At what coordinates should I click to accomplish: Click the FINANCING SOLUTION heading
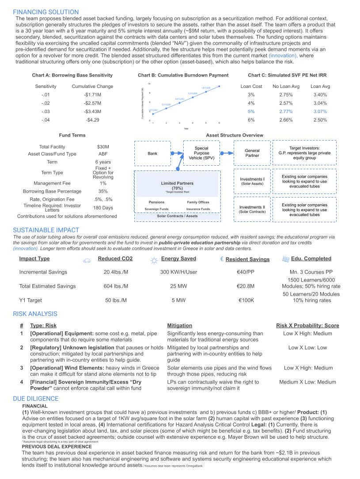46,12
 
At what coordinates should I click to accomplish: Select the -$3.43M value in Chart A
92,111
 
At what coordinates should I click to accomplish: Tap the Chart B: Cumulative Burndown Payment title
183,76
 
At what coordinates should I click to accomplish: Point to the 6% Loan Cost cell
251,120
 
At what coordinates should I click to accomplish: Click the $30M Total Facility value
103,147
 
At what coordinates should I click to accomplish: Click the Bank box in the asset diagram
152,153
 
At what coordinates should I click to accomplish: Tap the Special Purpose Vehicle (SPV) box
201,153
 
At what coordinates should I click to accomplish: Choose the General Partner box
252,153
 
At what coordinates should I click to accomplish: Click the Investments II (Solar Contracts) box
252,209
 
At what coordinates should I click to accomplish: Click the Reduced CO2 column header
115,259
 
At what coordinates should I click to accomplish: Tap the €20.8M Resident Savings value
246,286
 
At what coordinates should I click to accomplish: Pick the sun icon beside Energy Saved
154,260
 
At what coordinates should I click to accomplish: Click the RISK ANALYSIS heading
35,314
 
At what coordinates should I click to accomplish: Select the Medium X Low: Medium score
307,382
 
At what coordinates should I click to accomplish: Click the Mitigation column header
179,325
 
